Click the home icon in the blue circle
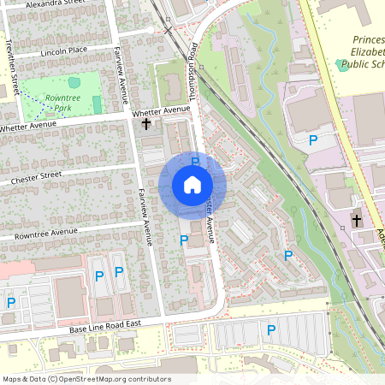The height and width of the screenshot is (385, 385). tap(192, 185)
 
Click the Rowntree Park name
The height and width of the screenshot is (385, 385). tap(62, 103)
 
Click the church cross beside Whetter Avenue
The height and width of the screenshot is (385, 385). tap(146, 125)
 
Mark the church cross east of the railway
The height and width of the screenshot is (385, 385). tap(356, 221)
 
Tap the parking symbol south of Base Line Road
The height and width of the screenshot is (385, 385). tap(271, 329)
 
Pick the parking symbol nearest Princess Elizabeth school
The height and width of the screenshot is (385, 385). tap(313, 139)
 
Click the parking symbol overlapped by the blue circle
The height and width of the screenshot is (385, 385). tap(195, 161)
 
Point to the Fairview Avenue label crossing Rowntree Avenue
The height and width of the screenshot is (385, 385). tap(145, 219)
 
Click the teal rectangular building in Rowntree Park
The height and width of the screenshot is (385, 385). tap(97, 104)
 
